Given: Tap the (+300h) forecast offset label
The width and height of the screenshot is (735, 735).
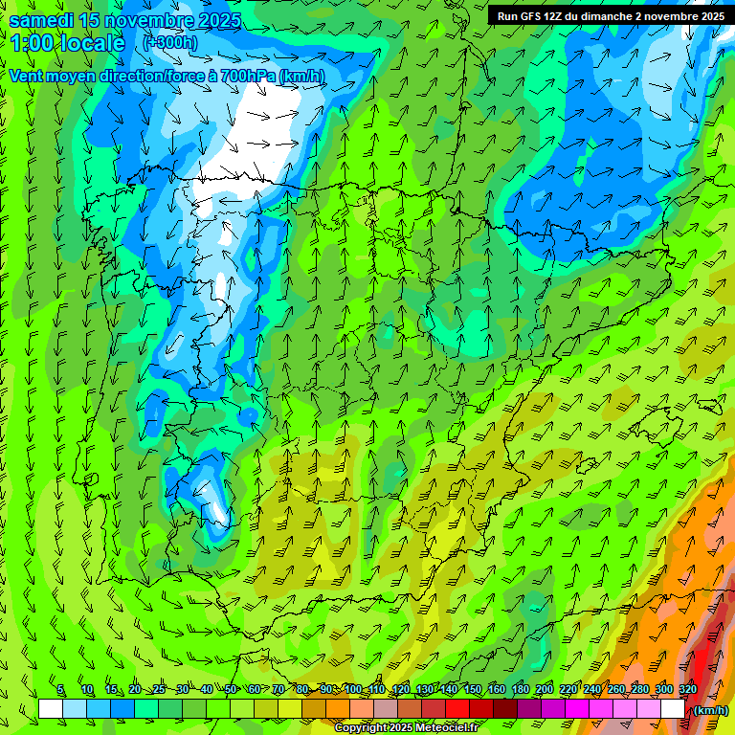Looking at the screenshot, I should coord(170,42).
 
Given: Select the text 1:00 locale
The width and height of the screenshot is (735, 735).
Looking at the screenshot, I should coord(67,43).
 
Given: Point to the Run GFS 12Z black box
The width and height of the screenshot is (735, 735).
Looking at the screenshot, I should coord(611,15).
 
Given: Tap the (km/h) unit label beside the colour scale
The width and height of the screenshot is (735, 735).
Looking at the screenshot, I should coord(709,710).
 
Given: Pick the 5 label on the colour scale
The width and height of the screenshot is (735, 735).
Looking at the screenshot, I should coord(60,690).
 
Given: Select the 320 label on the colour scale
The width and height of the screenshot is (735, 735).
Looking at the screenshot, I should coord(687,690).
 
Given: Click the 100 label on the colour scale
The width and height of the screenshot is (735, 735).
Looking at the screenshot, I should coord(353,690).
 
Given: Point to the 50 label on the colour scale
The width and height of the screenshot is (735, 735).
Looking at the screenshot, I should coord(231,690).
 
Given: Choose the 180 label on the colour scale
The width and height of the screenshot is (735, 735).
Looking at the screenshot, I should coord(521,690).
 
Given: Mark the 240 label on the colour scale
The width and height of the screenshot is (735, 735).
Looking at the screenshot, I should coord(591,690).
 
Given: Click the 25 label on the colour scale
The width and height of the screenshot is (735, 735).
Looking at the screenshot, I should coord(158,690).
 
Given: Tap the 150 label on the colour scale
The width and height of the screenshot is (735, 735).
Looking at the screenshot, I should coord(473,690).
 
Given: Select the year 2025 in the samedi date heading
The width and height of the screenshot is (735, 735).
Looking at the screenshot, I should coord(219,21).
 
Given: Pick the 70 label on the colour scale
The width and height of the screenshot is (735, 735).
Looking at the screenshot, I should coord(278,690).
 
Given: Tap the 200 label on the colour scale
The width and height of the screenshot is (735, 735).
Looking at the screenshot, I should coord(545,690).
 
